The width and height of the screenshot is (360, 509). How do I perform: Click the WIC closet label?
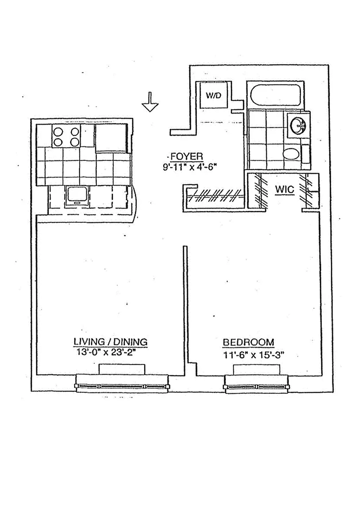[x=284, y=189]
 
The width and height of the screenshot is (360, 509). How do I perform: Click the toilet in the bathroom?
[x=291, y=154]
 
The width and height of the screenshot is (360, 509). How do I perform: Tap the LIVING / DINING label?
[x=110, y=342]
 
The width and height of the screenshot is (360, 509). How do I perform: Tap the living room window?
[x=122, y=383]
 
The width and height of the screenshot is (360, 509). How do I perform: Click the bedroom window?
[x=257, y=383]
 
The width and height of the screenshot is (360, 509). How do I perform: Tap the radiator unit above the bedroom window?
[x=257, y=369]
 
